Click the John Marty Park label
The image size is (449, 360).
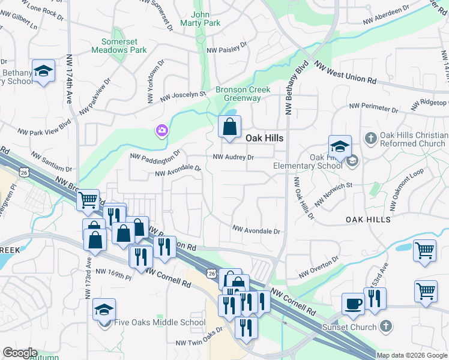pyautogui.click(x=205, y=19)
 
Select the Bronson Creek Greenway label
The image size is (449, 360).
pyautogui.click(x=243, y=94)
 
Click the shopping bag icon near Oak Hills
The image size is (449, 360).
pyautogui.click(x=229, y=127)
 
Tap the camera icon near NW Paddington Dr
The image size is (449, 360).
pyautogui.click(x=161, y=130)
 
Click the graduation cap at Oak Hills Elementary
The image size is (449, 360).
pyautogui.click(x=339, y=146)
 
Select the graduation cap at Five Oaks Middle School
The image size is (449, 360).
pyautogui.click(x=104, y=310)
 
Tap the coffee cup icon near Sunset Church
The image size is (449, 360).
pyautogui.click(x=353, y=304)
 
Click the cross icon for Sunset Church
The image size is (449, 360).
pyautogui.click(x=386, y=327)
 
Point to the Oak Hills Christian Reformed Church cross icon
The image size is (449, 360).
pyautogui.click(x=370, y=139)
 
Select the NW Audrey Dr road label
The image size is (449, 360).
pyautogui.click(x=234, y=157)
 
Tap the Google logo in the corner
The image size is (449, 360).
pyautogui.click(x=19, y=353)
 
